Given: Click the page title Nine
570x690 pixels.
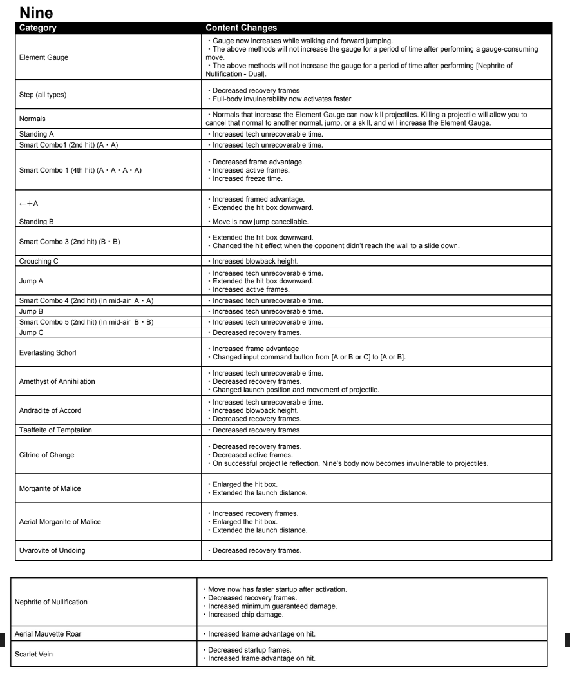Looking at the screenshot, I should pyautogui.click(x=36, y=12).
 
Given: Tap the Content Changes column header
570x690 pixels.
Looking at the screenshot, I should pyautogui.click(x=241, y=28).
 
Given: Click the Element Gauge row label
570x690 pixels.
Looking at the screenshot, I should pyautogui.click(x=44, y=57).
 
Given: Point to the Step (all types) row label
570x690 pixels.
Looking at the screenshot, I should pyautogui.click(x=43, y=95).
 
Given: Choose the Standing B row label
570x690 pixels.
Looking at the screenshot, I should pyautogui.click(x=37, y=222).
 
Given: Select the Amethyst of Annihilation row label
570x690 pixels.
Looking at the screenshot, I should pyautogui.click(x=57, y=381).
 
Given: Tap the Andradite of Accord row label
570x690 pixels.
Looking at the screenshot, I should pyautogui.click(x=50, y=410).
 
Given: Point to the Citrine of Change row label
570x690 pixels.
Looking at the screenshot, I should pyautogui.click(x=47, y=455).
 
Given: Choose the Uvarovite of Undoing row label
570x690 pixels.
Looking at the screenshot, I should pyautogui.click(x=53, y=550).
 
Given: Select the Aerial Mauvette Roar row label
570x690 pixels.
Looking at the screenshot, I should pyautogui.click(x=48, y=634).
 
